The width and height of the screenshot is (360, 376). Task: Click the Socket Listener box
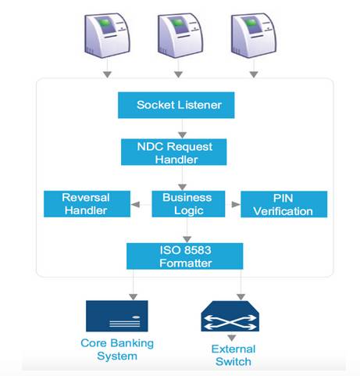[176, 105]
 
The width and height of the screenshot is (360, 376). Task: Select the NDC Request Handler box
[173, 152]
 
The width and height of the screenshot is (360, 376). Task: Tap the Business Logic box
[188, 204]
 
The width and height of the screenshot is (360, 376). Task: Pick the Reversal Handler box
[87, 204]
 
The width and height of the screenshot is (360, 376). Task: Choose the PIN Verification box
[283, 204]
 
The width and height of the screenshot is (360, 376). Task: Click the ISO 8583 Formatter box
[184, 256]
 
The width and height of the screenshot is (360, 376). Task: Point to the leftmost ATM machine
[107, 35]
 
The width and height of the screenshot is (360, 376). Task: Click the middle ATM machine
[180, 35]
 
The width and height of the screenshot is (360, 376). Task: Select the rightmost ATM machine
[254, 35]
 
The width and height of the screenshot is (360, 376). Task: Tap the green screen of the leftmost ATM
[105, 24]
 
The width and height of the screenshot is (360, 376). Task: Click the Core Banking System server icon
[117, 316]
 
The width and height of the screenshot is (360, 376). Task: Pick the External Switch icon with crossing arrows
[230, 316]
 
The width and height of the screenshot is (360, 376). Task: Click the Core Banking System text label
[117, 349]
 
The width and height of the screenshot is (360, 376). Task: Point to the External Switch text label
[233, 355]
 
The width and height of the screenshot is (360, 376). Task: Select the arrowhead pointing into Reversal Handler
[135, 204]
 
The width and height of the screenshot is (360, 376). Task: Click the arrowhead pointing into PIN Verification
[236, 204]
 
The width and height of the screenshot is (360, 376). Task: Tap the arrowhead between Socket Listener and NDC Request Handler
[182, 135]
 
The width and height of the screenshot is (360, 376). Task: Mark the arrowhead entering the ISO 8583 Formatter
[187, 239]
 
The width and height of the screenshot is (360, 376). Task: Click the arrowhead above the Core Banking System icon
[134, 297]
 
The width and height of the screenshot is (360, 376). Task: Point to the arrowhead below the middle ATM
[178, 74]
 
